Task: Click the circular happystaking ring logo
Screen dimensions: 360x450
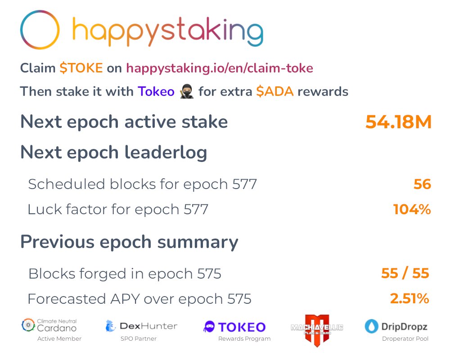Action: (x=40, y=30)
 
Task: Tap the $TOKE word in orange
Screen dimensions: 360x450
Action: (x=81, y=68)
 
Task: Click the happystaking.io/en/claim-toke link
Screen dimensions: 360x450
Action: (x=220, y=68)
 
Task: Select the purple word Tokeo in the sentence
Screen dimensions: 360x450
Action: (x=156, y=92)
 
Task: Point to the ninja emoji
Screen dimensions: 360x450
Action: (x=186, y=92)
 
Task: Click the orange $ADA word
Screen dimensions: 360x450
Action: (x=274, y=92)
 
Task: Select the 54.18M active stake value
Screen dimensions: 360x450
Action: (x=398, y=122)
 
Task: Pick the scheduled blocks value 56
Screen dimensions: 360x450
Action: (x=422, y=184)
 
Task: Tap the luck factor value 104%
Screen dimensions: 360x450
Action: (x=412, y=209)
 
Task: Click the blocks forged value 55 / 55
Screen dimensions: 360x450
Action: (x=405, y=274)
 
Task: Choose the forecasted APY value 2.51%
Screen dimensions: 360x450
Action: (x=409, y=299)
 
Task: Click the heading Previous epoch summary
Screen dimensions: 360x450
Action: (x=129, y=242)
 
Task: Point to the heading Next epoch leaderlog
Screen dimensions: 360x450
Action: (x=113, y=153)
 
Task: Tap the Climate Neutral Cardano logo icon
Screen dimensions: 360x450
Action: (x=28, y=325)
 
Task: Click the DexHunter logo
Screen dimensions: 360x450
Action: (x=141, y=326)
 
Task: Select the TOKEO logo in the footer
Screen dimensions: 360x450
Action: (x=234, y=327)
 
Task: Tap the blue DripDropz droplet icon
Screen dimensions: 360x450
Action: (x=372, y=326)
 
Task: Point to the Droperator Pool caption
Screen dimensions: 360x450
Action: (x=405, y=339)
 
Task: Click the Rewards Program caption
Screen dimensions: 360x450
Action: (x=244, y=339)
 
